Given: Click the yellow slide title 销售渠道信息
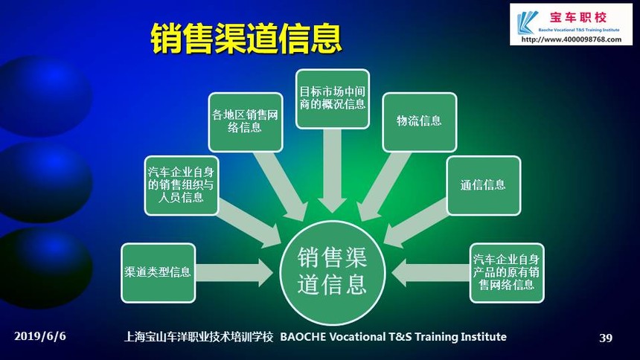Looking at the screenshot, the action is pos(246,38).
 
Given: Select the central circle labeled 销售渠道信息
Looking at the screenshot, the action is pos(332,272).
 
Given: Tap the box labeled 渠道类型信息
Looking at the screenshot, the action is pos(159,273).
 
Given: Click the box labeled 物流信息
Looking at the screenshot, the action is pos(419,122).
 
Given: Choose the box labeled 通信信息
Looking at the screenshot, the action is pos(484,186).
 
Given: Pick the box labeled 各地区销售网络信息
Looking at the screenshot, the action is pos(246,122).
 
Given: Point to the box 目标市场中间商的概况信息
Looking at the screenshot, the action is pos(333,99).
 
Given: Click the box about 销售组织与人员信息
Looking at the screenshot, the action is pos(182,186).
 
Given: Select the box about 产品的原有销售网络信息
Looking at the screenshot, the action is pos(507,273).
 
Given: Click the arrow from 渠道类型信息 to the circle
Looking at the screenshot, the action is pos(234,273).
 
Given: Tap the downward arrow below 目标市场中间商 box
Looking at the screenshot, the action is pos(332,170).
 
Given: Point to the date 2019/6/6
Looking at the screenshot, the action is pos(40,336).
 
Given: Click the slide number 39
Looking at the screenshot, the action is pos(606,338).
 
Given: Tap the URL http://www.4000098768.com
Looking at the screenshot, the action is pos(572,39).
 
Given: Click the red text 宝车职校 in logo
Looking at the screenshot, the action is pos(578,18).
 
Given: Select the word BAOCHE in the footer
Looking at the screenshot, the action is pos(303,337).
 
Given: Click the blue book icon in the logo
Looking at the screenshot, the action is pos(527,22).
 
